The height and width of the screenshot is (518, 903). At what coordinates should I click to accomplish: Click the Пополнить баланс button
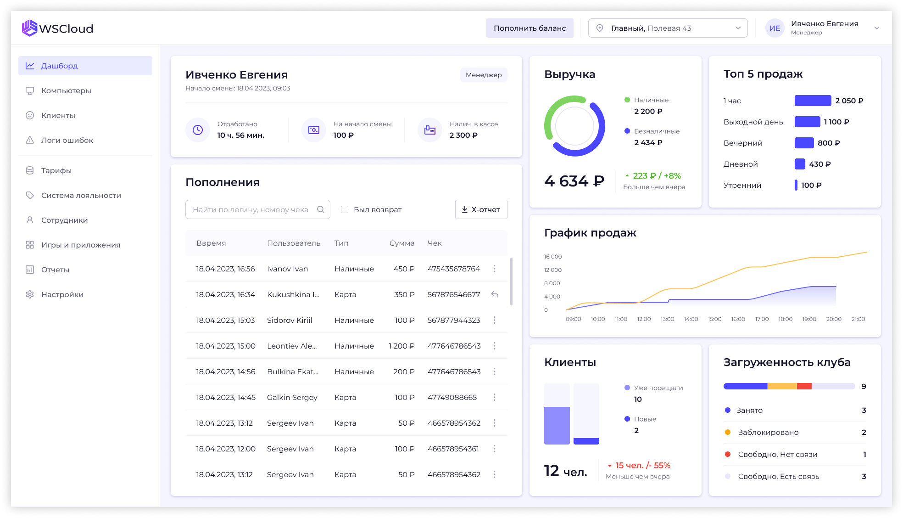530,28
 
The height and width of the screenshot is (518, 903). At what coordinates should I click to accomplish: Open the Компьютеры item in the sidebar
66,90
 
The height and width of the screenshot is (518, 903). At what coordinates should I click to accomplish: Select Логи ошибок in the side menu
67,140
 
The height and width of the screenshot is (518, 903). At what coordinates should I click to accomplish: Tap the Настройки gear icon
30,294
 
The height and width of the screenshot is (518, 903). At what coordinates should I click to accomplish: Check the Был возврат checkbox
345,209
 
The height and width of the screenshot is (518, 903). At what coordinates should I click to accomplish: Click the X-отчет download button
481,209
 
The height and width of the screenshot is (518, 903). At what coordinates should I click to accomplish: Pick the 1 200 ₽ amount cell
401,346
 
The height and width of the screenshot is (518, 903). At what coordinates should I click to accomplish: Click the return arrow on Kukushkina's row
495,294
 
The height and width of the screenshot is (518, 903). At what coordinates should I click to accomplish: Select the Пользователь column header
294,243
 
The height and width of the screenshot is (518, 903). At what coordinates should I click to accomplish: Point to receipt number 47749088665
452,397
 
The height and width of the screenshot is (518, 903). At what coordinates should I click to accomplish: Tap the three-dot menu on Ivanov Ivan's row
494,269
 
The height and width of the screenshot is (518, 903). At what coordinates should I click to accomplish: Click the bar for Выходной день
807,122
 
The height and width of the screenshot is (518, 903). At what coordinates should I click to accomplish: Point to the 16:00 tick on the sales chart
738,319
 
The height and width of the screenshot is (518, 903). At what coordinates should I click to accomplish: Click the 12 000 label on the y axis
553,270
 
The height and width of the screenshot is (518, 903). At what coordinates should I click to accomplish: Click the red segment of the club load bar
804,386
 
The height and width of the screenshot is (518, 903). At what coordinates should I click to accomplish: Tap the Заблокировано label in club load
768,432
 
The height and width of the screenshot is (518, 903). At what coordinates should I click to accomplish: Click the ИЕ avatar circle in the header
775,28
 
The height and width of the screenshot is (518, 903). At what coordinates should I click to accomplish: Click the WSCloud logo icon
29,28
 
